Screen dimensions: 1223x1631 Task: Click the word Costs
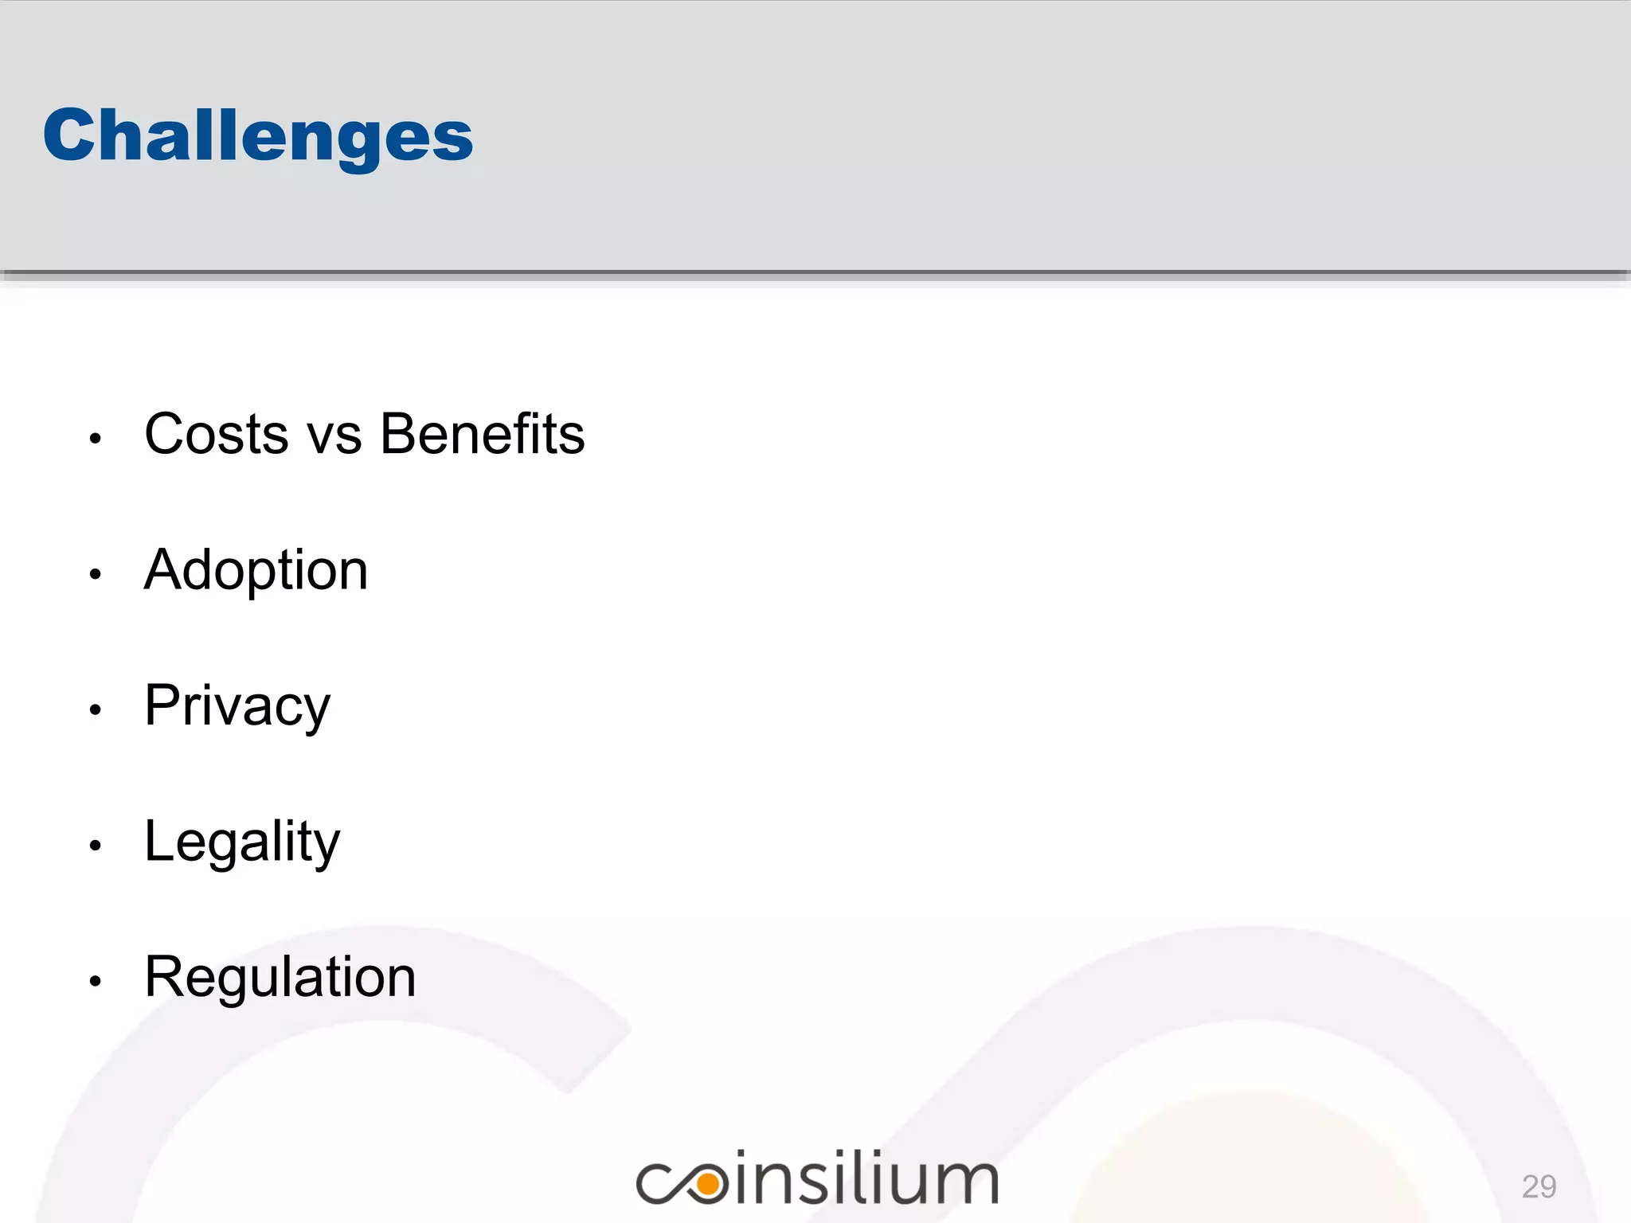(216, 435)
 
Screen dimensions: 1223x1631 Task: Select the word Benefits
(483, 435)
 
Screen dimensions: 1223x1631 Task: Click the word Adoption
(256, 572)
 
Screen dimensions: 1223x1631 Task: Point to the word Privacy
(237, 707)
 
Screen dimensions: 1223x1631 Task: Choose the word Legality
(241, 842)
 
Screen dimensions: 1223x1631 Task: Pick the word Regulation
(280, 978)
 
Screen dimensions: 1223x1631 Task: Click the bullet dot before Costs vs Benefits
(96, 438)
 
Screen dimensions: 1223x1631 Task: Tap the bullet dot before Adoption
(96, 574)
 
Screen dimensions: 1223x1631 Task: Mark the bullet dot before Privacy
(96, 709)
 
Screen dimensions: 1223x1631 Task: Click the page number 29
(1539, 1186)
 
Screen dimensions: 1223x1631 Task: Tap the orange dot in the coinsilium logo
(706, 1184)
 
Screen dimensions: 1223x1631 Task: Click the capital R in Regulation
(165, 977)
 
